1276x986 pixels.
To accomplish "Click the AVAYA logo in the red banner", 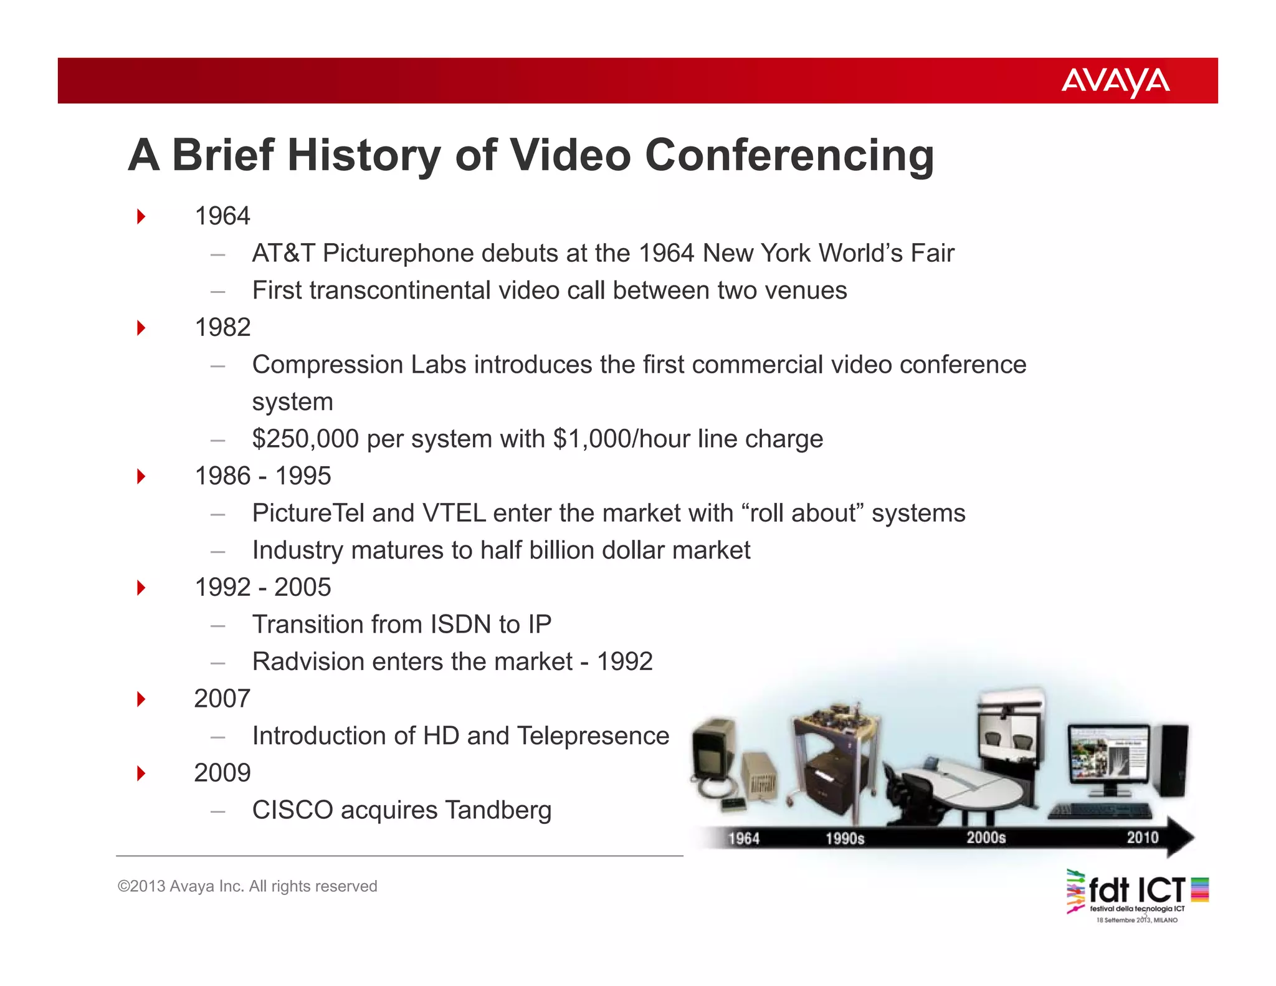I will pyautogui.click(x=1115, y=82).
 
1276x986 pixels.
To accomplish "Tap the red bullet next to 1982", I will pyautogui.click(x=141, y=328).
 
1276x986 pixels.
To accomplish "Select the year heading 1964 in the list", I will pyautogui.click(x=222, y=216).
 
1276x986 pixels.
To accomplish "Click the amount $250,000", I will pyautogui.click(x=305, y=439).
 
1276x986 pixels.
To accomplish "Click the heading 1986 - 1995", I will pyautogui.click(x=263, y=476).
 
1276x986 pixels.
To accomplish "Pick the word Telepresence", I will pyautogui.click(x=593, y=736).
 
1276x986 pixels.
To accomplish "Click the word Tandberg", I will pyautogui.click(x=498, y=810).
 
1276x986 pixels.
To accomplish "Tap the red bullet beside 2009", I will pyautogui.click(x=141, y=773).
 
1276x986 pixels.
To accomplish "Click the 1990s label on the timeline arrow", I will pyautogui.click(x=845, y=838).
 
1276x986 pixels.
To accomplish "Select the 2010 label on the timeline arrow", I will pyautogui.click(x=1142, y=837).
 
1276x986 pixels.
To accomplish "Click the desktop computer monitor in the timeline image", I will pyautogui.click(x=1108, y=756).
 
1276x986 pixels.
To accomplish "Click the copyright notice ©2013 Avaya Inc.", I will pyautogui.click(x=247, y=886).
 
